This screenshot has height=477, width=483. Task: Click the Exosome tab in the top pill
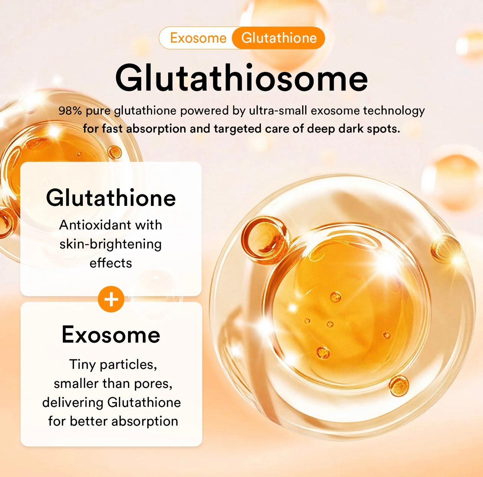(198, 38)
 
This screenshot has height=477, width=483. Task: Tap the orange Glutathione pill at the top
(279, 38)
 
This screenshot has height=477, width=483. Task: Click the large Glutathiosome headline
(241, 78)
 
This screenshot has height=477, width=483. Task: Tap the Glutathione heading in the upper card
(111, 198)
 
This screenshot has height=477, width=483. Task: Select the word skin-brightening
(111, 244)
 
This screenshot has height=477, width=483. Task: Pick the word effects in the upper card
(111, 263)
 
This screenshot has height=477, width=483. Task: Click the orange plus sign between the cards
(111, 299)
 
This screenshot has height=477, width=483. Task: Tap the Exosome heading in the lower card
(111, 334)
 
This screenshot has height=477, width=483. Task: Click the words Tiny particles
(113, 364)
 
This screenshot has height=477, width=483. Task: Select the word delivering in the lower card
(73, 402)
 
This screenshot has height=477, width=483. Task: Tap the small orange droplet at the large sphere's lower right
(399, 386)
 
